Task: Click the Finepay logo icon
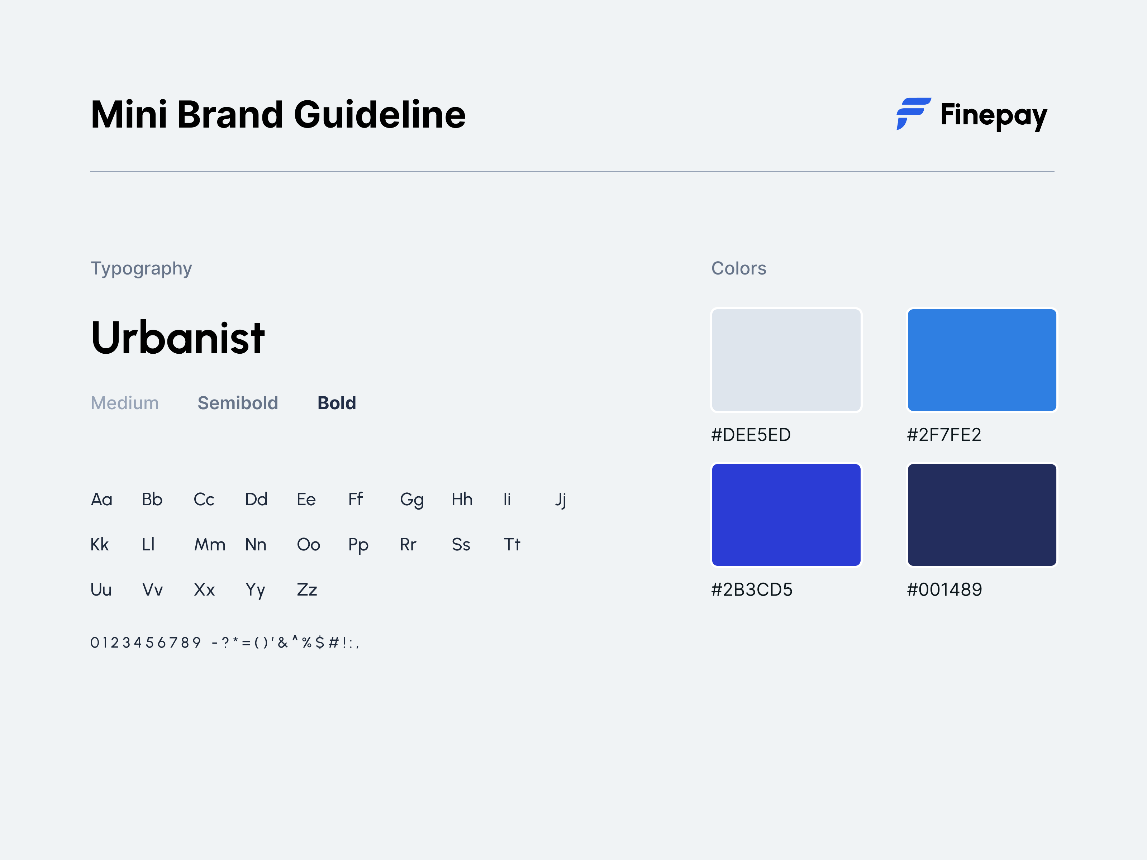point(913,114)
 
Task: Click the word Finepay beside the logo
point(994,115)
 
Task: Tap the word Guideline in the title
point(380,115)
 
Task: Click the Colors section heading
point(738,268)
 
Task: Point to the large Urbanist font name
point(178,338)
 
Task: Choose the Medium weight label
point(124,403)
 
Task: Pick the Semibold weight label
point(238,403)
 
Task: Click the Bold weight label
point(337,403)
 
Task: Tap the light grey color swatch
point(786,360)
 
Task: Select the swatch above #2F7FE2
point(982,360)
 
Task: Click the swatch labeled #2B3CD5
point(786,515)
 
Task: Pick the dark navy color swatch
point(982,515)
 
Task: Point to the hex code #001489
point(944,589)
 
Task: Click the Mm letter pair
point(209,545)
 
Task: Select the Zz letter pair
point(307,590)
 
